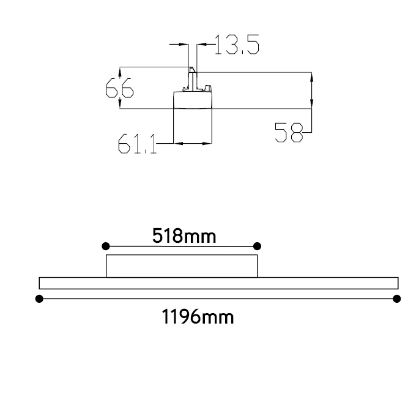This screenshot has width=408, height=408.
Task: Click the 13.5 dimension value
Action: coord(237,45)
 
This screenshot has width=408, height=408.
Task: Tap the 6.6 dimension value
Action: coord(120,88)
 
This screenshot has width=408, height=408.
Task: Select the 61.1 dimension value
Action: coord(137,144)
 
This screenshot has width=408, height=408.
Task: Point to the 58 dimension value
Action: coord(289,133)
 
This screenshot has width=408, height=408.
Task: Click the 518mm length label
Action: coord(184,236)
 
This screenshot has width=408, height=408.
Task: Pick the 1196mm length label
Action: coord(198,316)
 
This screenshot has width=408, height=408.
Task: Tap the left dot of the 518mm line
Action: coord(106,246)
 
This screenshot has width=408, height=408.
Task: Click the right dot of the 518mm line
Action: coord(257,246)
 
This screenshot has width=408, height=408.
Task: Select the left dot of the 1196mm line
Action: coord(39,299)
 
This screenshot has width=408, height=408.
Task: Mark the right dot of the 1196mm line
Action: coord(397,299)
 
